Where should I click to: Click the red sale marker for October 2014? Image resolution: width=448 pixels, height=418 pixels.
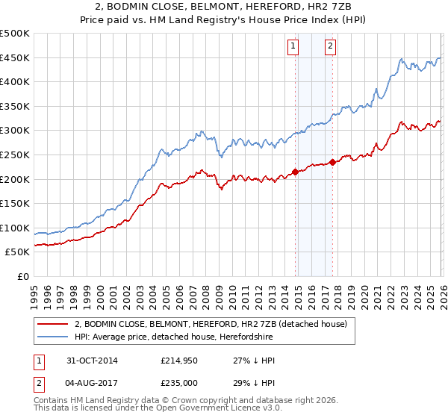point(295,172)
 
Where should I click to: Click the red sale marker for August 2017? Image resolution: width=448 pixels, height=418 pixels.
point(332,162)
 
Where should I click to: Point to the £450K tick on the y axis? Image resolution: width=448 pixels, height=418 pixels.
point(15,57)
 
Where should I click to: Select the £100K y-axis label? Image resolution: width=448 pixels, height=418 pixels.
point(15,228)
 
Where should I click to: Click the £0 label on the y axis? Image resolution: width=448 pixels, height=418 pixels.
point(22,276)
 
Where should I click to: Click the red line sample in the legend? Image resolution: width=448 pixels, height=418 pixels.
point(53,325)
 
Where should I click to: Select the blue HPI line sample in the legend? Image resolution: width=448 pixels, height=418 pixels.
point(53,337)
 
